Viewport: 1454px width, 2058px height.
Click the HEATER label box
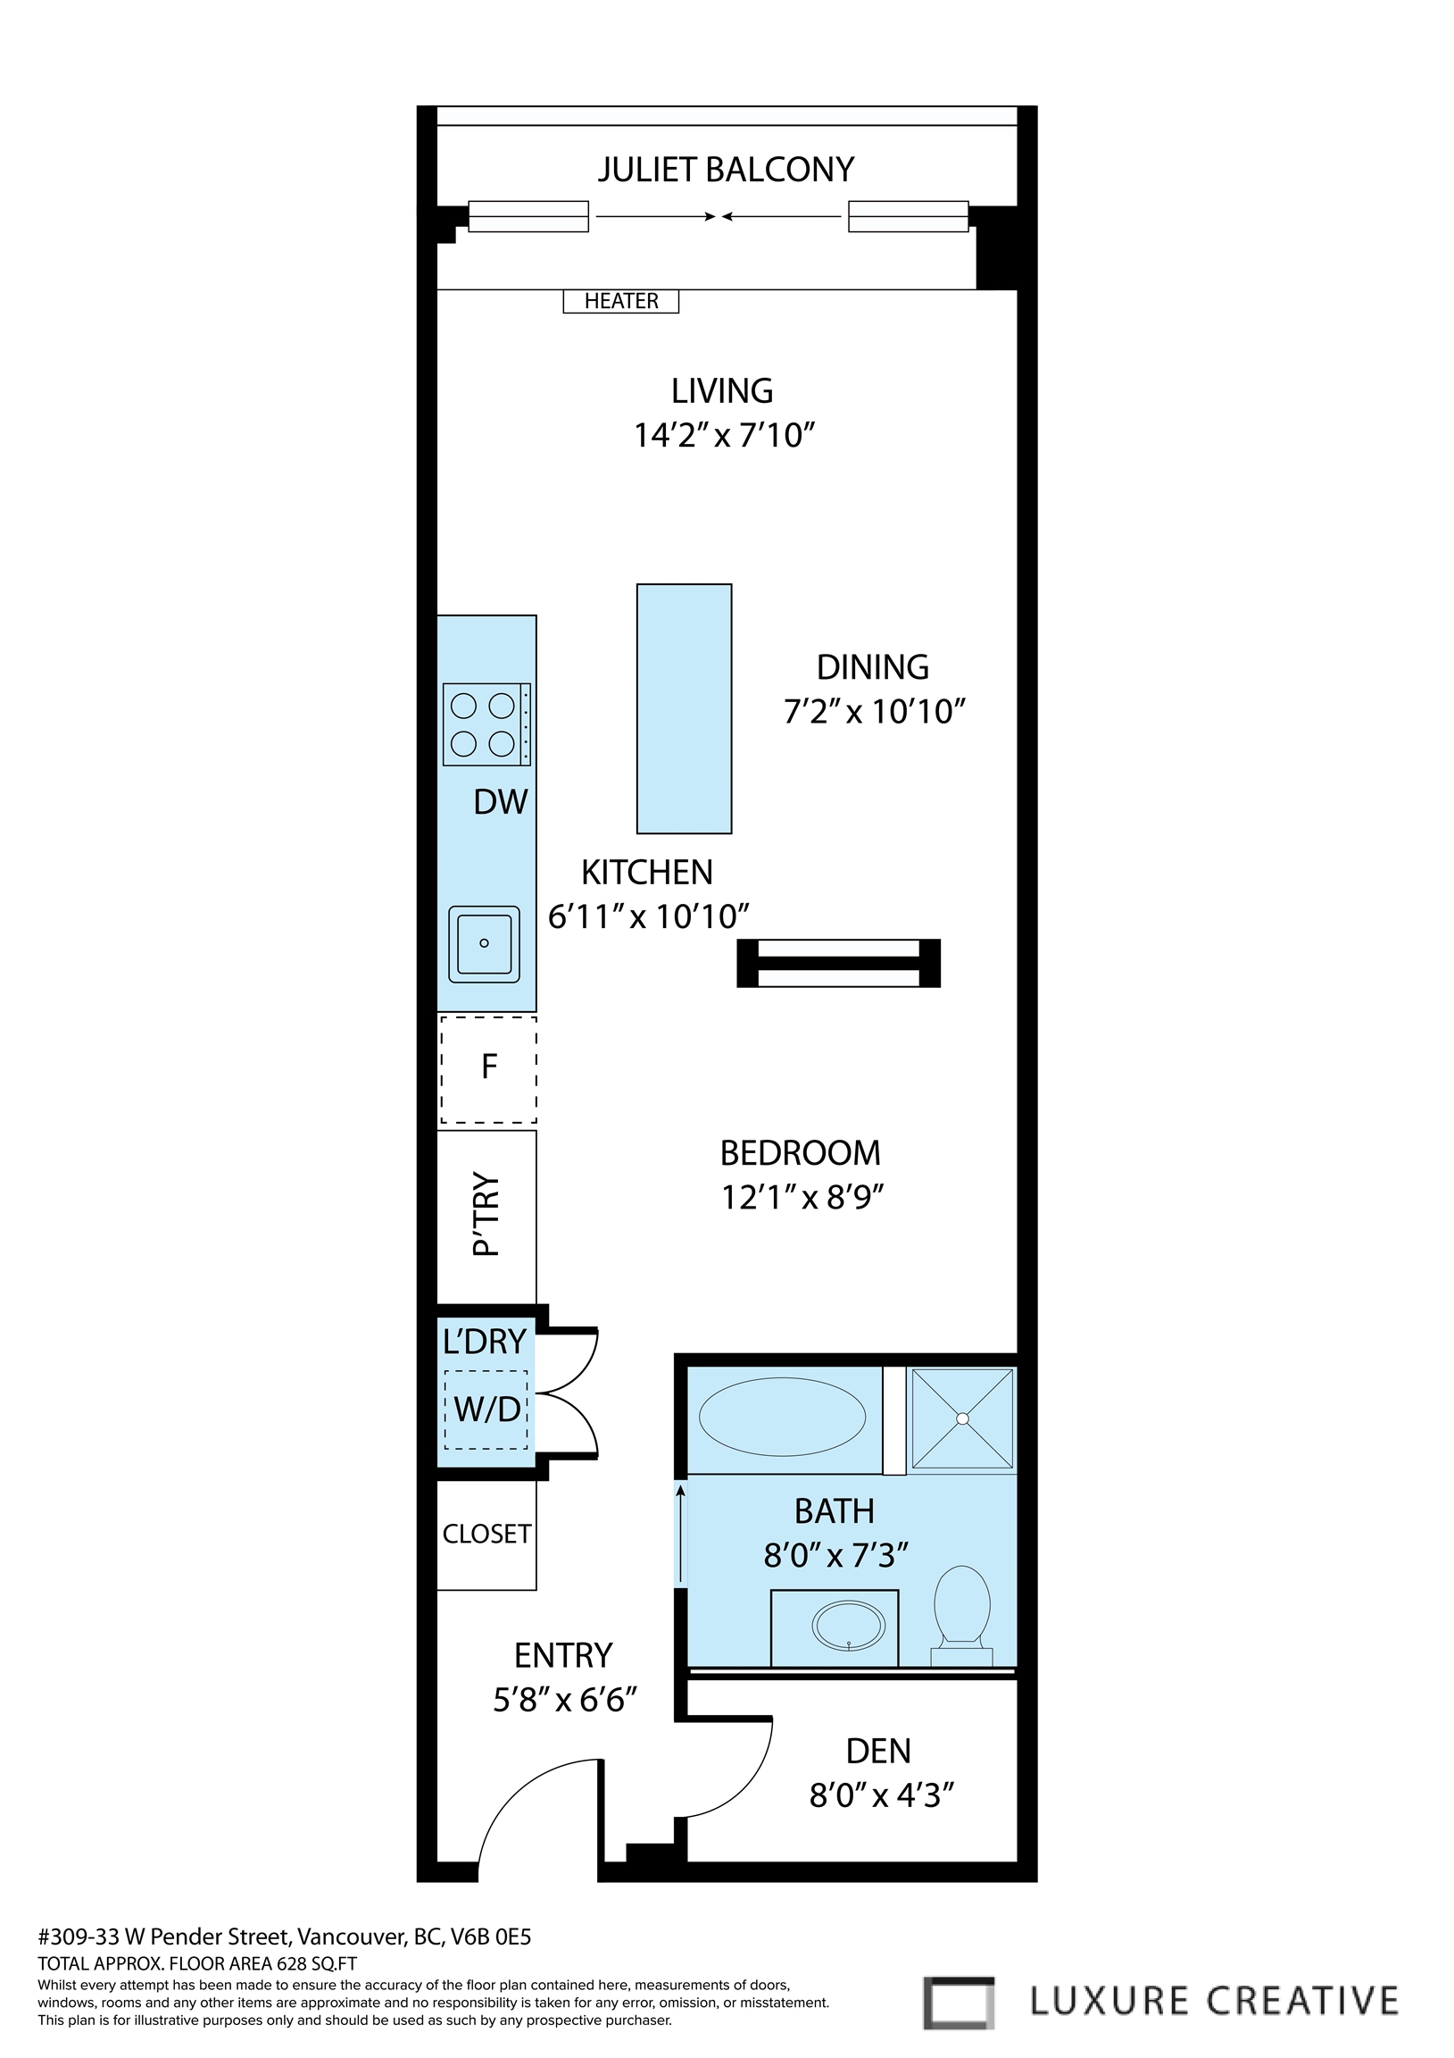pyautogui.click(x=620, y=301)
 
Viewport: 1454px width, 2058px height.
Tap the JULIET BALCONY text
pyautogui.click(x=726, y=170)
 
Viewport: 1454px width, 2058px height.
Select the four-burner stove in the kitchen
pyautogui.click(x=486, y=724)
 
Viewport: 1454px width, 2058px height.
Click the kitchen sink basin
pyautogui.click(x=484, y=943)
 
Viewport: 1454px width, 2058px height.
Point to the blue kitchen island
pyautogui.click(x=684, y=708)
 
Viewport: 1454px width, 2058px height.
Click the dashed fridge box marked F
pyautogui.click(x=488, y=1068)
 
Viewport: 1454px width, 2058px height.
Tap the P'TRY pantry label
pyautogui.click(x=486, y=1214)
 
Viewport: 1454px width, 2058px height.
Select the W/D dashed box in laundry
pyautogui.click(x=486, y=1409)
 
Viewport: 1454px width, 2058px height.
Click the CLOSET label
pyautogui.click(x=486, y=1534)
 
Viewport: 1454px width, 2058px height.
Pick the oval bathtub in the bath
pyautogui.click(x=781, y=1417)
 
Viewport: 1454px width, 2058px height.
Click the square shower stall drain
pyautogui.click(x=962, y=1418)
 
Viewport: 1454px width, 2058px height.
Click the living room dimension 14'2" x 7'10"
pyautogui.click(x=724, y=436)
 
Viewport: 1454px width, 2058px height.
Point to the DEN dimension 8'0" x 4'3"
pyautogui.click(x=881, y=1795)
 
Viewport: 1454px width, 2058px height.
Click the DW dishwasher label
pyautogui.click(x=500, y=802)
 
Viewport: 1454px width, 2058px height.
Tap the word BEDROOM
pyautogui.click(x=800, y=1152)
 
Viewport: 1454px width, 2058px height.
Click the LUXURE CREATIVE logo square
pyautogui.click(x=958, y=2003)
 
